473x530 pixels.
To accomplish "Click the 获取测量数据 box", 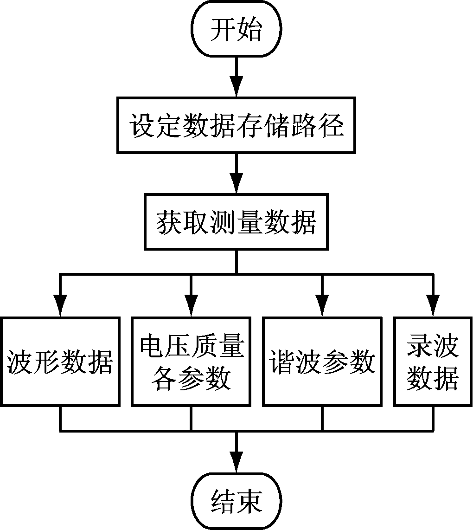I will tap(236, 222).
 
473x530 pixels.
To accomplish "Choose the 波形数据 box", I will tap(60, 362).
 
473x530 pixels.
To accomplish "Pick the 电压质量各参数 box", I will tap(191, 362).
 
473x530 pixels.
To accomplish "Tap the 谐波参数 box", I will tap(322, 362).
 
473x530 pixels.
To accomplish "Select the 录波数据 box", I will tap(433, 362).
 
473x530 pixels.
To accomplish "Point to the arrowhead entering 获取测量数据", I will tap(236, 186).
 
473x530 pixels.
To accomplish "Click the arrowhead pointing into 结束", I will tap(236, 465).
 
